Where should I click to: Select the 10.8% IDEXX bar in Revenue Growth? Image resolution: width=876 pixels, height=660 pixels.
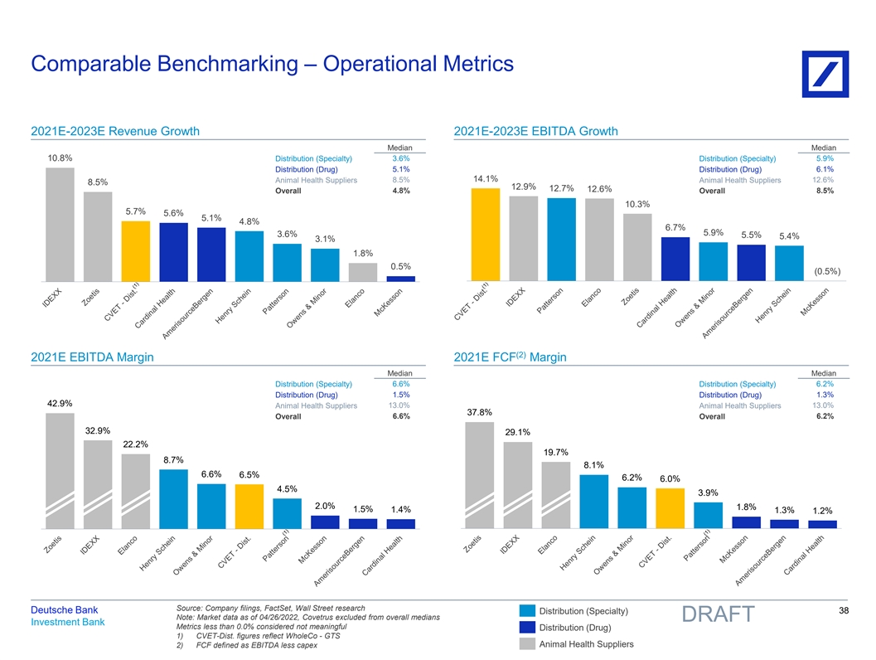[x=60, y=224]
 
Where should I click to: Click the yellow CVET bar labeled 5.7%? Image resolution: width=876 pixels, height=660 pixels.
[x=135, y=250]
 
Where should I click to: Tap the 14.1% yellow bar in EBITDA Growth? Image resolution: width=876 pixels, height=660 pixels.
[x=486, y=235]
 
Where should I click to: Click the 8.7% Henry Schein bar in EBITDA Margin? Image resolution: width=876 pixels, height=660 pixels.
[x=173, y=498]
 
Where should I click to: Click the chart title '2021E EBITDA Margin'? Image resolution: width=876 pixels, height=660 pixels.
[x=92, y=357]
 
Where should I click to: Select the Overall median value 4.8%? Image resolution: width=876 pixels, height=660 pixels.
[x=400, y=191]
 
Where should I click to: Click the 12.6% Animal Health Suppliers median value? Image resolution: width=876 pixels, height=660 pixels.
[x=824, y=180]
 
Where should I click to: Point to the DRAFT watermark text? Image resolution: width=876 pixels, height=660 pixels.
[x=718, y=614]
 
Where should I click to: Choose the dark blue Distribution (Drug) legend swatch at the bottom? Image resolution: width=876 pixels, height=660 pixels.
[x=527, y=627]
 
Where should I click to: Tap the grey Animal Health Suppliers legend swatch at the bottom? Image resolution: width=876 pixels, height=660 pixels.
[x=527, y=643]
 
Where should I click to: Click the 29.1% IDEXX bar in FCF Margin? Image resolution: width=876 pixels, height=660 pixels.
[x=517, y=485]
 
